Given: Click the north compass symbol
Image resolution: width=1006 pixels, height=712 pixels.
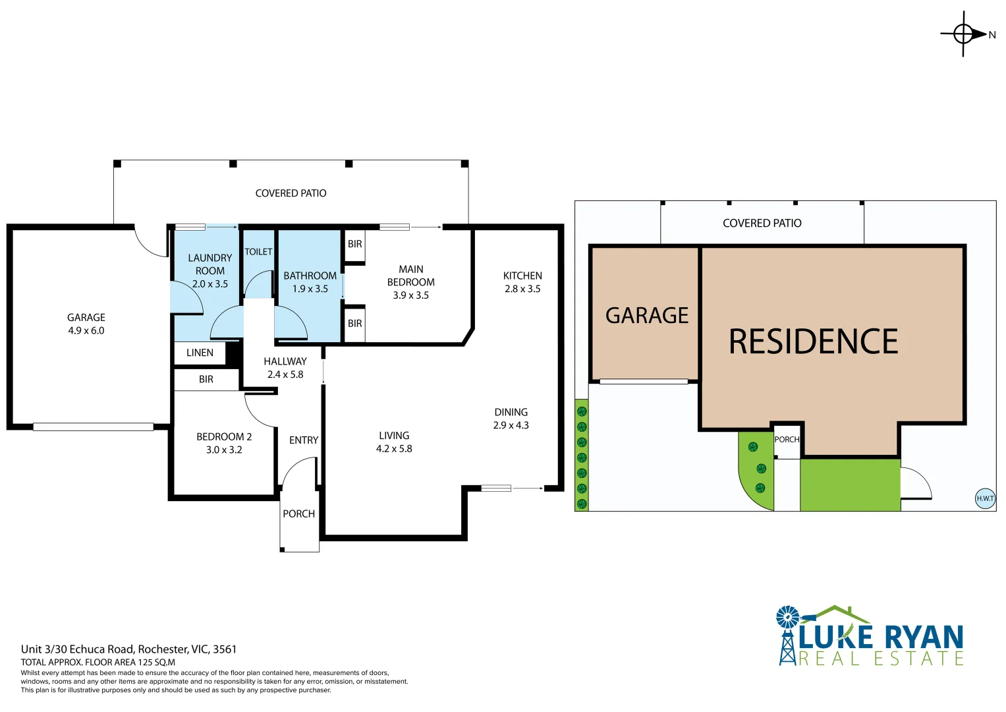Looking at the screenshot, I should point(964,34).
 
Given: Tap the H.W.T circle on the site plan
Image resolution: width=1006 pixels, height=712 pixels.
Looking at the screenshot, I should point(984,498).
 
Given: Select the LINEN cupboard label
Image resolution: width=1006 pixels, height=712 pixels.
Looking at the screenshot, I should point(200,353).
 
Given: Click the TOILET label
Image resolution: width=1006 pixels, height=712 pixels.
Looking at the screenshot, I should point(258,252).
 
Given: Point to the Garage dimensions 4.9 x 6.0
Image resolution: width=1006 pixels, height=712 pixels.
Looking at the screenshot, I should point(86,331).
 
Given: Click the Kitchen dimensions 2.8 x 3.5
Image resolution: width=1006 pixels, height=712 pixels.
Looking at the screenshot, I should point(522,289).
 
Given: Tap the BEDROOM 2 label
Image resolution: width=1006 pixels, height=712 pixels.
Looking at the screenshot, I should point(224,436).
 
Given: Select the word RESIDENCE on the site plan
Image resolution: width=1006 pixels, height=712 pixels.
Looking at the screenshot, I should point(813,341).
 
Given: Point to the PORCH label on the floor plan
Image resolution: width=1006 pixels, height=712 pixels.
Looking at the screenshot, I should point(298,514).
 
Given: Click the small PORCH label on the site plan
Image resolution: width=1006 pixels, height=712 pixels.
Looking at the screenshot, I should point(787,440).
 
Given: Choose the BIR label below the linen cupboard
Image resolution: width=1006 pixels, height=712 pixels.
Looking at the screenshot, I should point(206,380).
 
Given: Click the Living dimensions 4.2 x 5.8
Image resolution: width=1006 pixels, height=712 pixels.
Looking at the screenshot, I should point(394,449).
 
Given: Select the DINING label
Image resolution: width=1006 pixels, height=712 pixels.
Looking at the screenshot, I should point(511,412).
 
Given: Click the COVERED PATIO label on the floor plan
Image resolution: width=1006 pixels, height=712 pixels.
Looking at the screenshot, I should point(291,193).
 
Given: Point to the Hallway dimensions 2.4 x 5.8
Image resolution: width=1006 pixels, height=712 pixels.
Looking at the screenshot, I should point(285,374).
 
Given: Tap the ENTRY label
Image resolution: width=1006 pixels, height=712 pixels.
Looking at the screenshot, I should point(304,440).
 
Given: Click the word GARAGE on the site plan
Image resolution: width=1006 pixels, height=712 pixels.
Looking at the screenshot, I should point(646,316).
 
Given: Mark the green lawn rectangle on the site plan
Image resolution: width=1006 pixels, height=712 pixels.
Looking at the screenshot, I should point(850,485).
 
